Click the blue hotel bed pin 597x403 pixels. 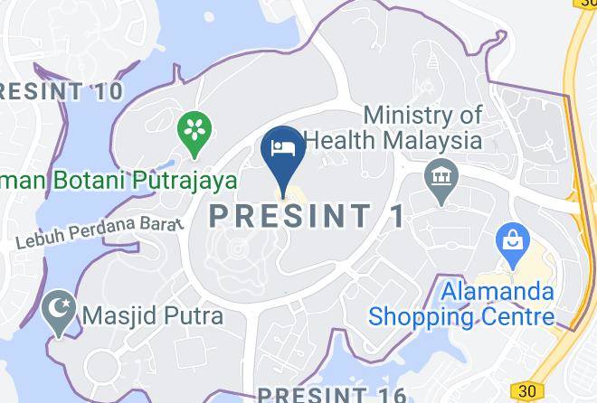tap(281, 149)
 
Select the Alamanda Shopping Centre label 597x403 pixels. tap(460, 305)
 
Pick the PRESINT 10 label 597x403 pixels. tap(59, 90)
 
